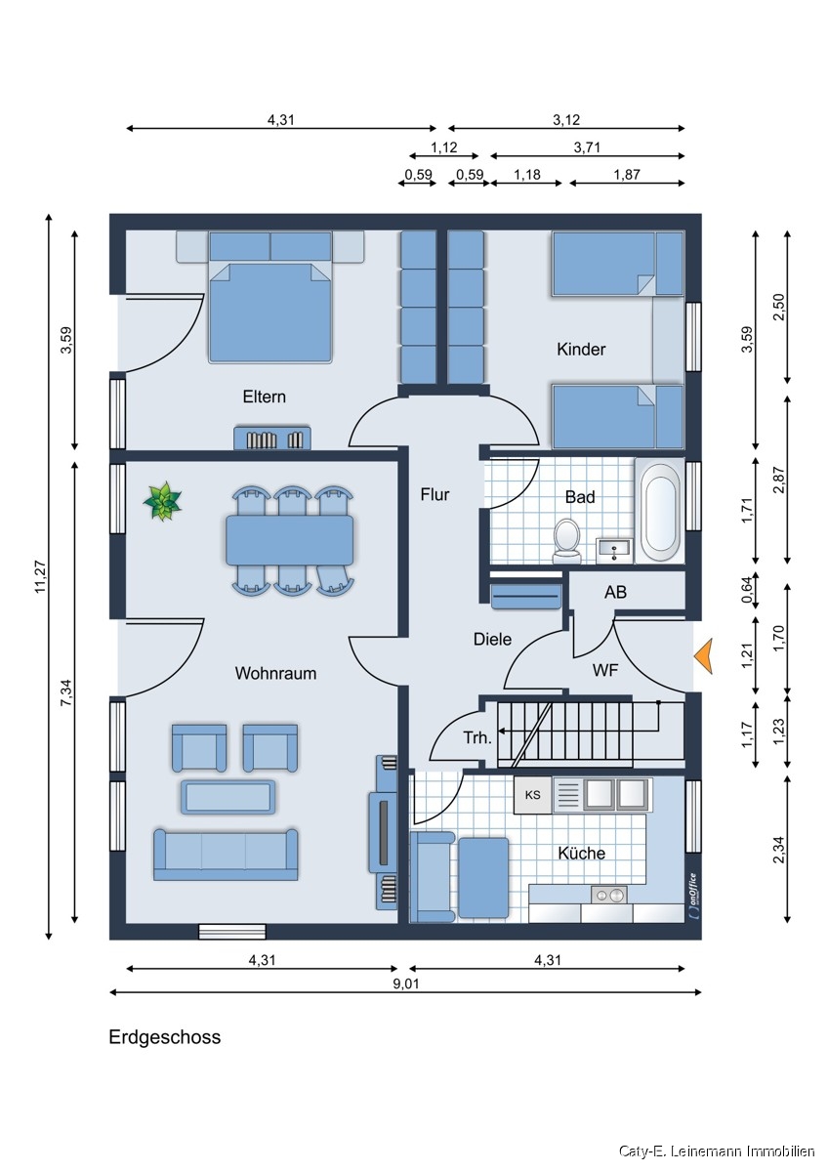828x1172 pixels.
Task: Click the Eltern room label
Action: (265, 397)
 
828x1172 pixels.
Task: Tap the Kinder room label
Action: (581, 349)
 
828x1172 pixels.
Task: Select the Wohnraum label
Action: (275, 673)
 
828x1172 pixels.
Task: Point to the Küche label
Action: (581, 854)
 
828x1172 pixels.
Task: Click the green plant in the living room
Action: (163, 501)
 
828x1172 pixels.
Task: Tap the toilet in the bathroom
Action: (567, 540)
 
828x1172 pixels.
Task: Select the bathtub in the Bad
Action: (660, 512)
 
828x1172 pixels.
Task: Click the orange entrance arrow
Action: (703, 656)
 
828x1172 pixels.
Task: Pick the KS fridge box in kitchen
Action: (532, 796)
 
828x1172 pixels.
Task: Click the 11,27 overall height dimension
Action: (41, 576)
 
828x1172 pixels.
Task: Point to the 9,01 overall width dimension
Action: (406, 984)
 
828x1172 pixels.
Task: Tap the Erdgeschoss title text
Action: (165, 1036)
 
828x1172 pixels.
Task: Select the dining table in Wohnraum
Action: (289, 540)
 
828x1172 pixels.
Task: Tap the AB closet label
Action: (615, 592)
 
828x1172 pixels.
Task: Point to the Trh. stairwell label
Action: (477, 738)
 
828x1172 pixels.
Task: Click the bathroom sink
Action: (614, 551)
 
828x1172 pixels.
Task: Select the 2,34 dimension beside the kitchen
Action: (779, 851)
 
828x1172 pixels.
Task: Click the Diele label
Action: (492, 640)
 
